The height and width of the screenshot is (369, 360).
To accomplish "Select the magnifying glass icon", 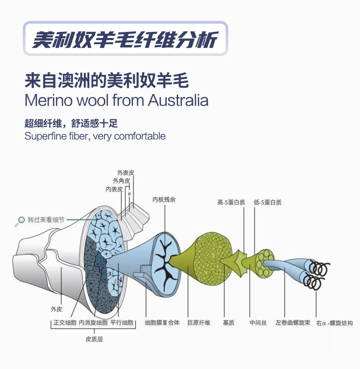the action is [x=20, y=221].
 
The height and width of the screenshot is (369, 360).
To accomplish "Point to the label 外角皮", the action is [x=122, y=181].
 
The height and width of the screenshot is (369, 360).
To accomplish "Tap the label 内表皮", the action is [x=114, y=189].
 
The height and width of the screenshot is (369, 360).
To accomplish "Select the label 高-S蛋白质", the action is [x=231, y=202].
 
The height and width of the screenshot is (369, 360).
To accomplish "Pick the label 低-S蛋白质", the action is [x=267, y=202].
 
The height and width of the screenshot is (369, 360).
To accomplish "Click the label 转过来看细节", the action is [x=46, y=220].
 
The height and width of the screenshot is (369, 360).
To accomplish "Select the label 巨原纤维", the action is [x=199, y=323].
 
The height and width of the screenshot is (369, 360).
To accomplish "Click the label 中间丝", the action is [x=256, y=323].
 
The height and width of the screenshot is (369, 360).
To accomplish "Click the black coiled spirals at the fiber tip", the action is [x=317, y=274].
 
